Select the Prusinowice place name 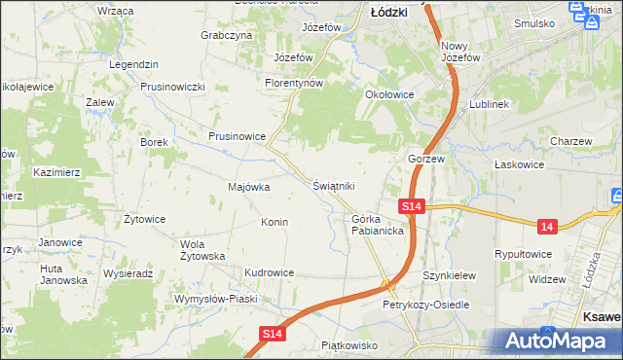point(237,137)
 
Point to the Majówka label point(248,187)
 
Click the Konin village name point(274,222)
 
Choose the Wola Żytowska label point(203,250)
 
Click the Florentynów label point(294,84)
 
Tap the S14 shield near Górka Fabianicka point(411,206)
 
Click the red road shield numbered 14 point(548,226)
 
